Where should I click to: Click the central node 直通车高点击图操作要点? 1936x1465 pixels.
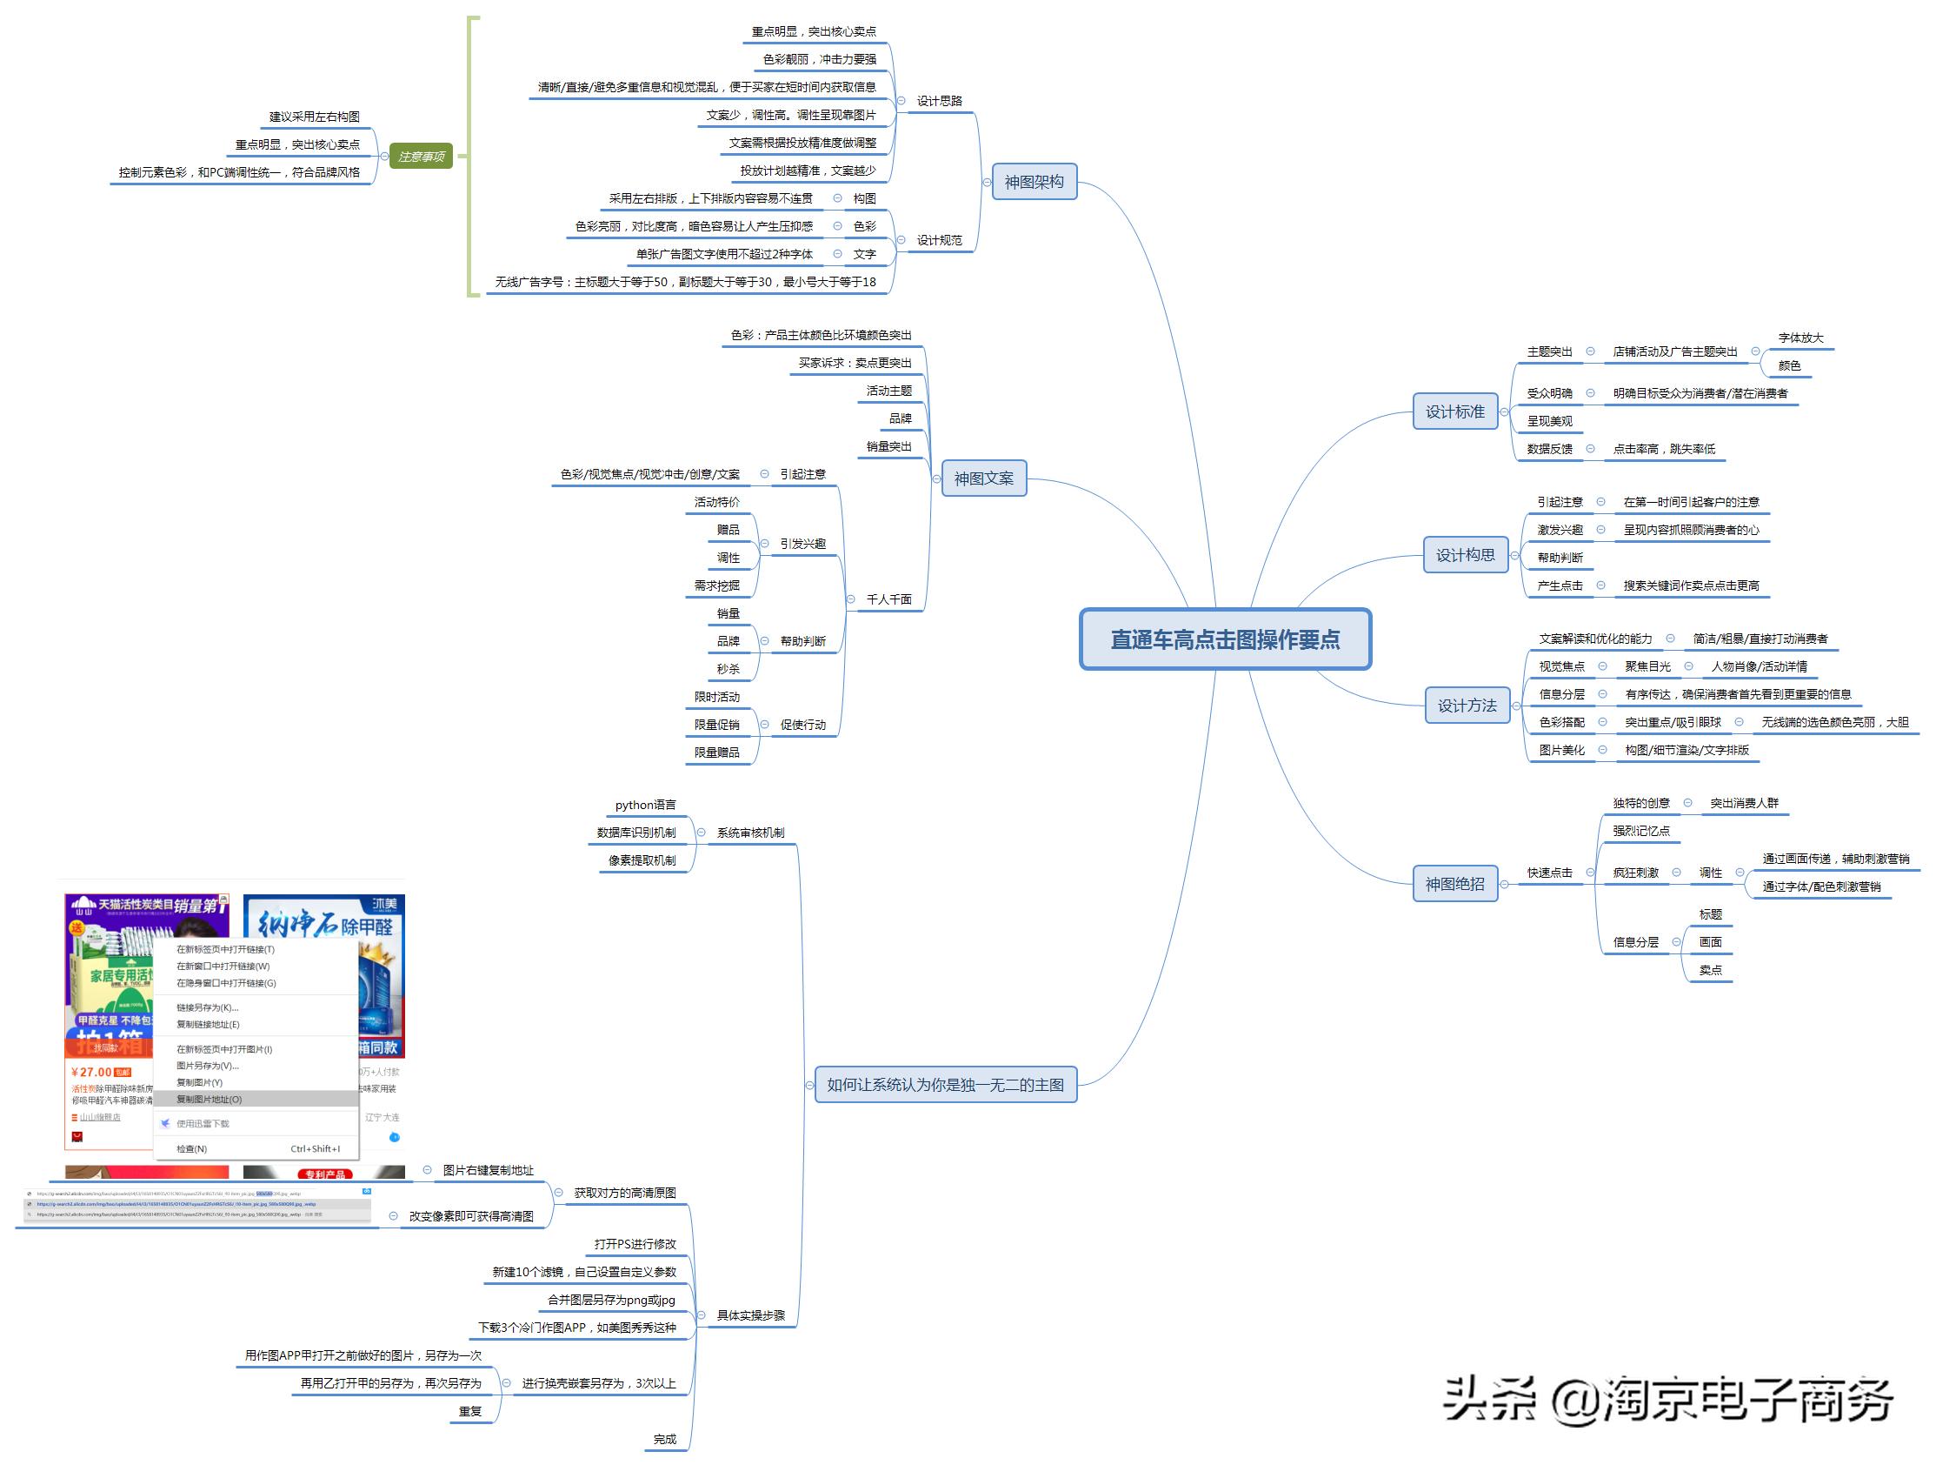pos(1224,639)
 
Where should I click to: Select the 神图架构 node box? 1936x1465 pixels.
pos(1034,182)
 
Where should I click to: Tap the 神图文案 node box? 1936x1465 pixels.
pos(983,478)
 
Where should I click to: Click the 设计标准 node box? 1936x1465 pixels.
pos(1454,411)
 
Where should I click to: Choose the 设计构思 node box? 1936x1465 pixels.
pos(1465,554)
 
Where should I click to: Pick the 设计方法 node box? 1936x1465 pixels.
pos(1467,705)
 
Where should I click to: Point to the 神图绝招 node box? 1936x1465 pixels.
pos(1454,884)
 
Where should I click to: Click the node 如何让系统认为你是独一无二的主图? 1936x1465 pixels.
pos(945,1084)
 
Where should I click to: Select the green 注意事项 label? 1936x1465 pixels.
pos(421,157)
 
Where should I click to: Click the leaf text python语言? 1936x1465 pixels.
pos(645,805)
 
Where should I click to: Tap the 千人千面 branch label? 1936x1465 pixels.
pos(888,599)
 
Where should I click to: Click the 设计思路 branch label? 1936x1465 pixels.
pos(939,101)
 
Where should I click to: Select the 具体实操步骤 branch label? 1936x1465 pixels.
pos(751,1314)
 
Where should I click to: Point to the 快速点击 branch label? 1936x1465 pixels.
pos(1549,873)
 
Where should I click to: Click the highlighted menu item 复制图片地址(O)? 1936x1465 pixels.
pos(210,1099)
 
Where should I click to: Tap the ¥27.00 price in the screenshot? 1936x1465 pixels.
pos(91,1072)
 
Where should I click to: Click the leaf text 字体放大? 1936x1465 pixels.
pos(1800,338)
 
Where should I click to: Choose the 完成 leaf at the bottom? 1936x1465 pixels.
pos(664,1439)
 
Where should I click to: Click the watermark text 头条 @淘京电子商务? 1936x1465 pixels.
pos(1667,1399)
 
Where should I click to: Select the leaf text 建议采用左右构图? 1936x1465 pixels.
pos(314,117)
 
